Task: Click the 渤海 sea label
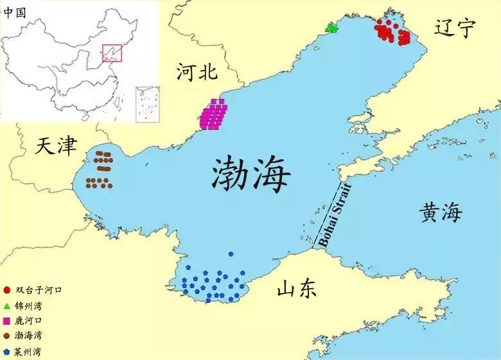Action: click(251, 173)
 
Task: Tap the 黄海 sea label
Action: click(441, 212)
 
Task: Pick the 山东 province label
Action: click(297, 289)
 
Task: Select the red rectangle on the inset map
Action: click(112, 53)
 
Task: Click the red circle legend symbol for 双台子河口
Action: click(6, 289)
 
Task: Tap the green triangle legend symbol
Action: click(6, 305)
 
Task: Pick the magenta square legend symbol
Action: click(6, 320)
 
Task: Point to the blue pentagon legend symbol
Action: click(6, 352)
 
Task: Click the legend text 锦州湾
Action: click(27, 305)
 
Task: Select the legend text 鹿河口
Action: click(27, 320)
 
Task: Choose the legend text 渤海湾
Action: click(27, 336)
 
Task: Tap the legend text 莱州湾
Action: click(27, 352)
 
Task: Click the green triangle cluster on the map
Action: click(331, 28)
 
